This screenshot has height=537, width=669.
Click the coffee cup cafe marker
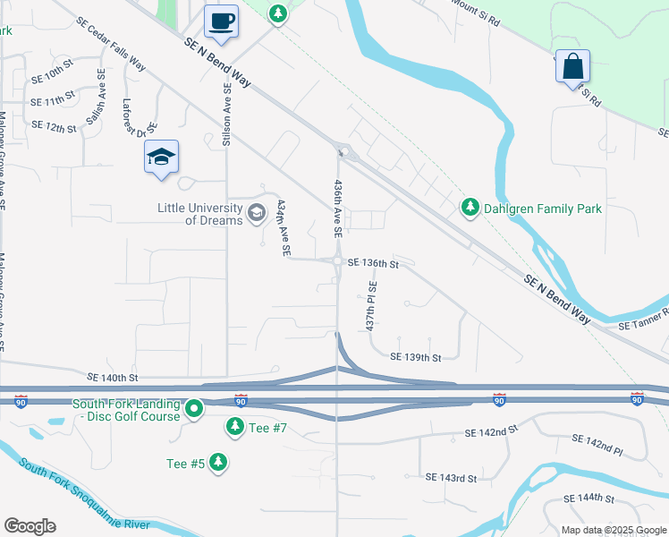222,21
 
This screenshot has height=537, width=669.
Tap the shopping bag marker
572,66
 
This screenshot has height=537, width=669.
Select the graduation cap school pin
161,157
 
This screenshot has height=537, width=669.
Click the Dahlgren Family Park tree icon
470,209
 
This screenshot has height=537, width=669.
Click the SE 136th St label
370,263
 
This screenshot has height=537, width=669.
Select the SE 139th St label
416,357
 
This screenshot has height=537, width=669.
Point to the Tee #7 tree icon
234,428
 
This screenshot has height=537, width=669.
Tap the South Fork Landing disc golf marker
195,409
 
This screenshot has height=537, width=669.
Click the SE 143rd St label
451,478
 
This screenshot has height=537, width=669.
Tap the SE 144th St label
589,498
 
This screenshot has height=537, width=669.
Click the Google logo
30,526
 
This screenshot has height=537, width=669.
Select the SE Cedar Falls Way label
111,46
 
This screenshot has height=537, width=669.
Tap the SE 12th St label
54,127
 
